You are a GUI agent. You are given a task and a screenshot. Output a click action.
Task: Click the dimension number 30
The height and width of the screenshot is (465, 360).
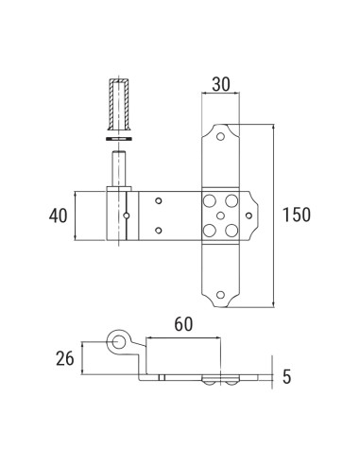[220, 84]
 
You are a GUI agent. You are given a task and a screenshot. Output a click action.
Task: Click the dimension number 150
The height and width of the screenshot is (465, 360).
[296, 215]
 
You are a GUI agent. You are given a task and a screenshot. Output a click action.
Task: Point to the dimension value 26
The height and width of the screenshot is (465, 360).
[63, 359]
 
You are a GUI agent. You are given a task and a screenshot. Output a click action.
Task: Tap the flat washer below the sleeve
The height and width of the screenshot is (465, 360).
[118, 139]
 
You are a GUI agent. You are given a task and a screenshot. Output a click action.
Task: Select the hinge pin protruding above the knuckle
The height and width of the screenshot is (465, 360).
[118, 169]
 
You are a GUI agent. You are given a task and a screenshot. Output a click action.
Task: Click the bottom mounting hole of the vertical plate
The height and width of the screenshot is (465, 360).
[220, 294]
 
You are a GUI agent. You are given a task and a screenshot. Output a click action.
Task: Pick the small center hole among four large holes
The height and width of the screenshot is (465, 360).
[220, 215]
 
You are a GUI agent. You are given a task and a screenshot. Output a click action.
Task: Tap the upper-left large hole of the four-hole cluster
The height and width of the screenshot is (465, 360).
[209, 201]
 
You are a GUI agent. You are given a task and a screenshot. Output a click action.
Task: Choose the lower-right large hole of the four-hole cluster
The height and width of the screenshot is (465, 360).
[232, 229]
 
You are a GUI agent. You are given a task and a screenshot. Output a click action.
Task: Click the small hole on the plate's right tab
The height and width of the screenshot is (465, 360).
[249, 215]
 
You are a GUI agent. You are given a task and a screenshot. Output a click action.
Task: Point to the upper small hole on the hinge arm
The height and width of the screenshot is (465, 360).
[159, 201]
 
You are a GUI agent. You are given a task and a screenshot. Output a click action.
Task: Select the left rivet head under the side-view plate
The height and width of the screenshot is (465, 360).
[207, 381]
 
